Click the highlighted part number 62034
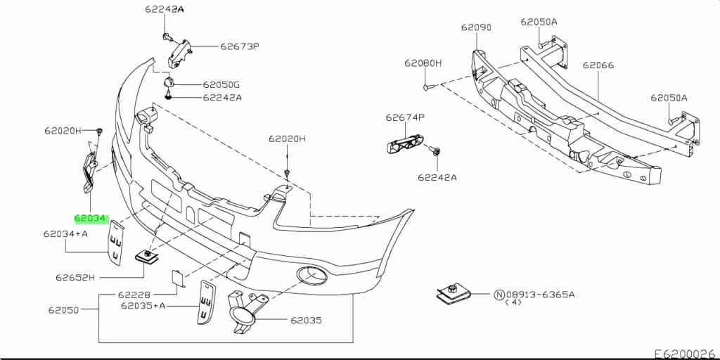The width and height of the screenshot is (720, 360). (90, 219)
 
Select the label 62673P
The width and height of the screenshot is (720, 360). (239, 47)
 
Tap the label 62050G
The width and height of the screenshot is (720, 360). (221, 84)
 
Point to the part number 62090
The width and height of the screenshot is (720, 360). (476, 28)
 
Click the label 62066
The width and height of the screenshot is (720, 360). (598, 65)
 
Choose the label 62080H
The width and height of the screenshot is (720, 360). (423, 63)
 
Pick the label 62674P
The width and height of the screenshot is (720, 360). (404, 118)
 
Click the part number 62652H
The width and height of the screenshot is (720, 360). (75, 278)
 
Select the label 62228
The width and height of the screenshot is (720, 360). (134, 295)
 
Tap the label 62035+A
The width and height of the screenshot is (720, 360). (143, 306)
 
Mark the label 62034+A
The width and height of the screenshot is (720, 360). (65, 233)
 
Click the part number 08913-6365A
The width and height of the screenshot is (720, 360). (541, 295)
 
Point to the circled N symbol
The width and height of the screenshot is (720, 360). (500, 295)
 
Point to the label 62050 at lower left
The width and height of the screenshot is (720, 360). (63, 309)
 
